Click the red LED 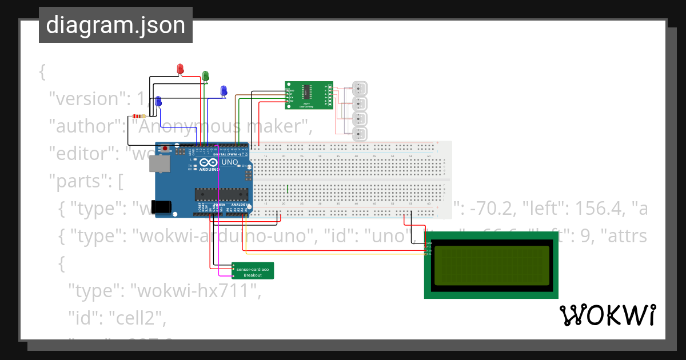(180, 69)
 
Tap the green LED (205, 75)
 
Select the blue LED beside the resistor (158, 101)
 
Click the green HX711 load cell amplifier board (309, 95)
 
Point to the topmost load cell (360, 89)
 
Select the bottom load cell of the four (360, 135)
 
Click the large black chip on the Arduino (221, 194)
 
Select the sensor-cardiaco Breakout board (253, 271)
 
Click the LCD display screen (491, 265)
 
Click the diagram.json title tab (115, 25)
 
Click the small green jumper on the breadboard (287, 188)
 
